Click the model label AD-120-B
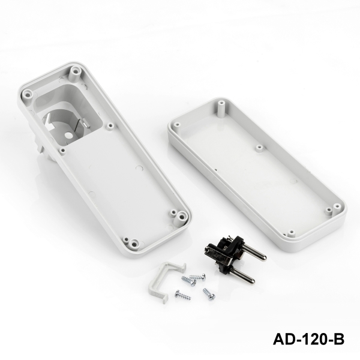pos(308,339)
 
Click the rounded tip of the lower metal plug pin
pos(252,280)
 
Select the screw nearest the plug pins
pos(197,277)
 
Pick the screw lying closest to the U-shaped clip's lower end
pos(183,295)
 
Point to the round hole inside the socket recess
pos(68,136)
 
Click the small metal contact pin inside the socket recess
pos(85,123)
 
